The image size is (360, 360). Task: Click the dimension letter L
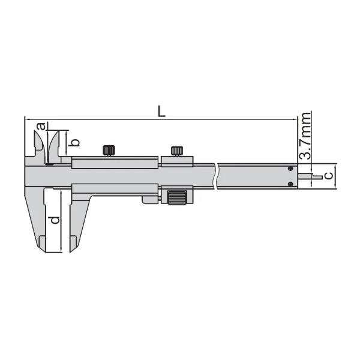[161, 110]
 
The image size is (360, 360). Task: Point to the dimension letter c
[328, 176]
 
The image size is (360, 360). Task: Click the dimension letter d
[55, 220]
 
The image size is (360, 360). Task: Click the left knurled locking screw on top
[109, 150]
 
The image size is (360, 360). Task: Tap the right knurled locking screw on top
[177, 150]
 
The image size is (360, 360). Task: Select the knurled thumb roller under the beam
[175, 197]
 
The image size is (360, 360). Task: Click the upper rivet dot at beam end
[291, 169]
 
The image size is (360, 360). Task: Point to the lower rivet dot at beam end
[291, 184]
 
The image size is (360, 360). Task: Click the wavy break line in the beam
[214, 176]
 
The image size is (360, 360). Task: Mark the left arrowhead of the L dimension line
[28, 118]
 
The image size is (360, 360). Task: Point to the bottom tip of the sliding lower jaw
[74, 248]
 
